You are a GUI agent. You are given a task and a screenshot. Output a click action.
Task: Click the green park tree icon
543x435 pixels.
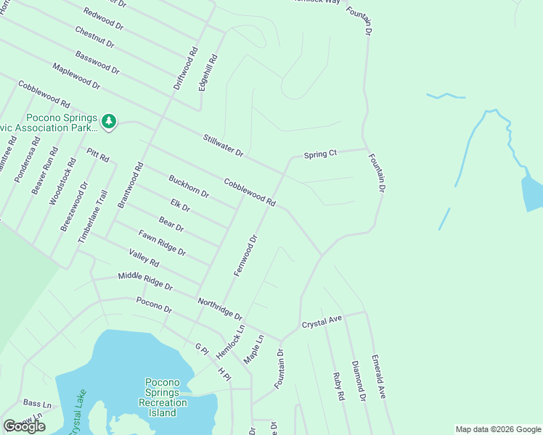109,120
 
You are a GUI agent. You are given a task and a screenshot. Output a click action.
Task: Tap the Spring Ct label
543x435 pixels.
320,154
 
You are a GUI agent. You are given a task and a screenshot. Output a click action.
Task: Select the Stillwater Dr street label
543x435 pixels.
224,146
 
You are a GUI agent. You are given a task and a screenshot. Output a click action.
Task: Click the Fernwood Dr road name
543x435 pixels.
246,254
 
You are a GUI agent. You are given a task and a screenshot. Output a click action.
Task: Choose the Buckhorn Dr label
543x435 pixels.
189,186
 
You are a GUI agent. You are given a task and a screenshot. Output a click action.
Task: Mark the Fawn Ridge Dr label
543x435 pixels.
162,242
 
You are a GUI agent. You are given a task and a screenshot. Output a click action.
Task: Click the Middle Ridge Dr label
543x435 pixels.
145,282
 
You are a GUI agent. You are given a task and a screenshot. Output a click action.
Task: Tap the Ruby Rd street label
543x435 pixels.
338,386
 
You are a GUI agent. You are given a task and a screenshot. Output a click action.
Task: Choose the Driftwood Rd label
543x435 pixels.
185,69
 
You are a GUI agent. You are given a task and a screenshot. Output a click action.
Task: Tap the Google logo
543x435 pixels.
24,426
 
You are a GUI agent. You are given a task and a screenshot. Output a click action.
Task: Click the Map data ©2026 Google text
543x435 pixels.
497,429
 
